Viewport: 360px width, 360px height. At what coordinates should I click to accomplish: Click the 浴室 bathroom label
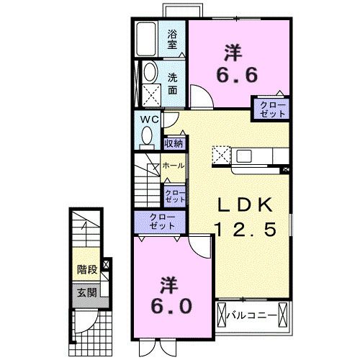point(173,39)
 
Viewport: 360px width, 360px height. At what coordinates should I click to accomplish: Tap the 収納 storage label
point(174,143)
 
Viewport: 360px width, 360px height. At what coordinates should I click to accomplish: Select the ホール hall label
point(173,166)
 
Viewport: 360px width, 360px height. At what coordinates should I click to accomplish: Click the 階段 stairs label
point(88,270)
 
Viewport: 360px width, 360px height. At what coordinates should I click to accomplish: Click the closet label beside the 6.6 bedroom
point(271,109)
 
